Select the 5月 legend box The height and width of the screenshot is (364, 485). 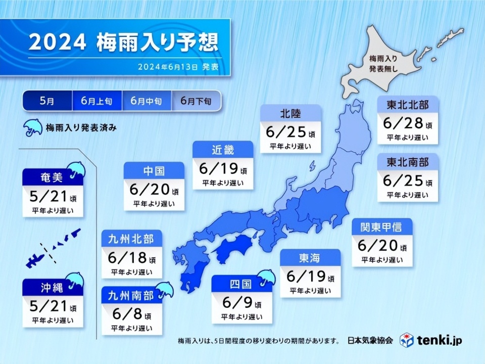coord(47,101)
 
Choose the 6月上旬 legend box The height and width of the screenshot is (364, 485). coord(97,101)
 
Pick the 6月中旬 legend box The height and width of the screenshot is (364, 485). coord(147,101)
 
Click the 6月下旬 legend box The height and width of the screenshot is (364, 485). coord(197,101)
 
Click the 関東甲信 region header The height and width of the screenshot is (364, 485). coord(382,226)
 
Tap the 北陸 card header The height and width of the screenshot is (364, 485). coord(290,113)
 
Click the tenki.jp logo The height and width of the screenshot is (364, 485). coord(430,339)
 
